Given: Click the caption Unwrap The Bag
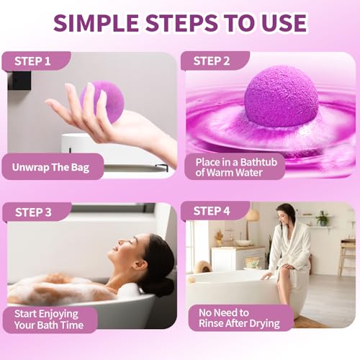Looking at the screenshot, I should [x=50, y=167].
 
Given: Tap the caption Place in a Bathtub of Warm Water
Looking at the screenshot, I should [x=234, y=167].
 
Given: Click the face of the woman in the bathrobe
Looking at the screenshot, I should [x=286, y=215].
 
